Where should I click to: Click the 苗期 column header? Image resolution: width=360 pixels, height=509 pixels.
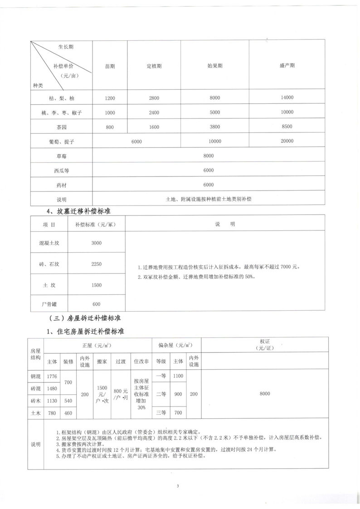(110, 66)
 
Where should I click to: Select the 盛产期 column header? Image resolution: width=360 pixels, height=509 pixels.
(287, 66)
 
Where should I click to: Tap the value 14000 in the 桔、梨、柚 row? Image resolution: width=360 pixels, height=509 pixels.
(287, 98)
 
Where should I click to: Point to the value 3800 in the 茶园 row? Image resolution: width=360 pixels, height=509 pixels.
(214, 127)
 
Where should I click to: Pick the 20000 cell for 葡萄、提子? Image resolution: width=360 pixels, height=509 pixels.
(287, 142)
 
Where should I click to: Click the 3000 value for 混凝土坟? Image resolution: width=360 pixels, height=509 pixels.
(96, 243)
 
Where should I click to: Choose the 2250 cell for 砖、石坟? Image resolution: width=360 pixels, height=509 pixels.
(96, 264)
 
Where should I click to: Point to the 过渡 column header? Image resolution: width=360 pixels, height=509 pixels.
(121, 362)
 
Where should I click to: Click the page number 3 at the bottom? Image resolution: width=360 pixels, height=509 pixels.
(178, 486)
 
